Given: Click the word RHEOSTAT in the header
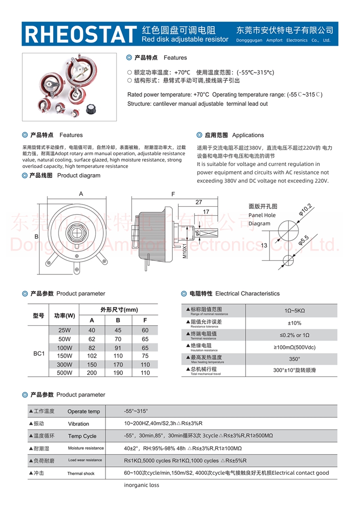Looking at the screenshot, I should [x=80, y=34].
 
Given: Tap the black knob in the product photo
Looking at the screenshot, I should [x=93, y=108].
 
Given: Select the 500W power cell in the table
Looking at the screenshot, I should [x=64, y=373].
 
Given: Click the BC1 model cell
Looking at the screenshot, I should [x=39, y=354].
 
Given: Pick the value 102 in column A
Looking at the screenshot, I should [x=92, y=356].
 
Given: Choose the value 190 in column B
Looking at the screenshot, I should [x=118, y=373].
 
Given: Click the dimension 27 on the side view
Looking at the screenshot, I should [x=198, y=203].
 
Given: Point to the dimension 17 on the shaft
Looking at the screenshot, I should [x=206, y=212].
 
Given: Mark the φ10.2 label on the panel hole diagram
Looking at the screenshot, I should [x=306, y=210].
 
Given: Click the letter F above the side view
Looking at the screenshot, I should [x=173, y=194].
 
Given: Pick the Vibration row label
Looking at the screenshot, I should [x=78, y=424].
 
